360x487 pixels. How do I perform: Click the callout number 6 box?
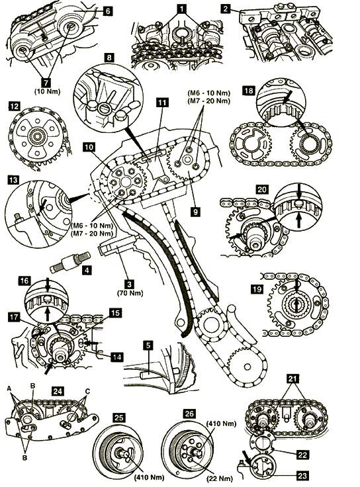[107, 11]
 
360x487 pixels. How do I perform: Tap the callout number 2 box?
[225, 9]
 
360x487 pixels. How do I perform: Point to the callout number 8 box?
[109, 58]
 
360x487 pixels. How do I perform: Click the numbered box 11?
[162, 103]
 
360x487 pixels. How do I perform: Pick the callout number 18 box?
[249, 91]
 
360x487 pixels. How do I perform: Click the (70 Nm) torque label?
[130, 293]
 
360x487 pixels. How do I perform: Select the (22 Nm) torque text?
[220, 478]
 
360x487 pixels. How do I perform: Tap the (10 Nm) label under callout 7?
[47, 91]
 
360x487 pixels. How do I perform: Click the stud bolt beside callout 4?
[70, 263]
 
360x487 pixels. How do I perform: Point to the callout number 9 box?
[195, 212]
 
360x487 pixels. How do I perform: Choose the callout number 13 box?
[14, 180]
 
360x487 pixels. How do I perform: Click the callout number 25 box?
[119, 417]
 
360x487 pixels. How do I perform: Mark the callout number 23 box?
[302, 475]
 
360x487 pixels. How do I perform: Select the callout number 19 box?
[257, 289]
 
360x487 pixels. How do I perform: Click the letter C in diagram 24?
[87, 392]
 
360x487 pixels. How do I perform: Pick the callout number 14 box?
[116, 357]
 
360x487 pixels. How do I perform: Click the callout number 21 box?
[293, 378]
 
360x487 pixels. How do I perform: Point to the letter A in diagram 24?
[9, 388]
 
